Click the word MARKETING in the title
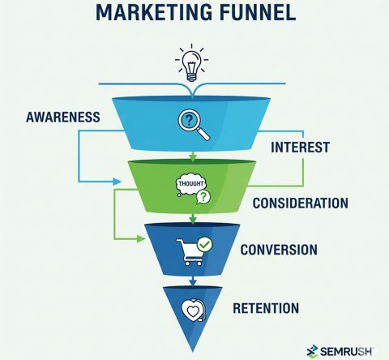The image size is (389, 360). click(x=154, y=12)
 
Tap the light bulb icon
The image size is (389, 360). click(x=191, y=63)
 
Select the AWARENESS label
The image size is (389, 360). click(x=63, y=118)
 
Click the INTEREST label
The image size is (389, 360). click(x=300, y=148)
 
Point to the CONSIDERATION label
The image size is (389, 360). click(x=301, y=203)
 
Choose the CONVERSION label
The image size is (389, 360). click(x=279, y=250)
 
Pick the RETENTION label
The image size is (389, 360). click(x=266, y=308)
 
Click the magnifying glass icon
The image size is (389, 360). click(x=194, y=124)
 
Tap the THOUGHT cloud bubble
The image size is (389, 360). click(x=190, y=184)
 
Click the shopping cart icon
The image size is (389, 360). click(x=190, y=252)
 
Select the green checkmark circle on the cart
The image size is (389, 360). click(x=205, y=244)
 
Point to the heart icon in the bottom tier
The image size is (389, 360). click(x=193, y=311)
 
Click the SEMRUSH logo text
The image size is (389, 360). click(x=347, y=351)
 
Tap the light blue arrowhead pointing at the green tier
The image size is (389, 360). click(x=117, y=182)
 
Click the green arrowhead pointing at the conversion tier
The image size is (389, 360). click(x=140, y=238)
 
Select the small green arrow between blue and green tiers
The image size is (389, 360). click(x=193, y=156)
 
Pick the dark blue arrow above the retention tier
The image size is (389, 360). click(x=193, y=281)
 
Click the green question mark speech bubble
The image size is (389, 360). click(x=203, y=197)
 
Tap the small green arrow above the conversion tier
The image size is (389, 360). click(x=193, y=218)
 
